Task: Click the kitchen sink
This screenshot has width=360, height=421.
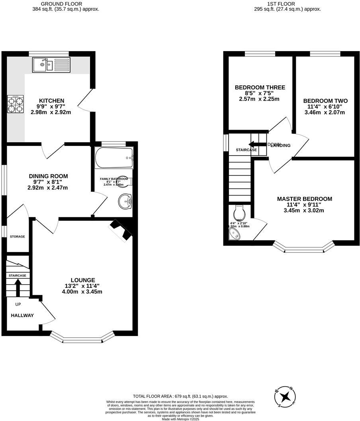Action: point(52,64)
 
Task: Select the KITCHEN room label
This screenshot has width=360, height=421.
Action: point(51,100)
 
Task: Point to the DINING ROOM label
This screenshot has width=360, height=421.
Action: point(48,176)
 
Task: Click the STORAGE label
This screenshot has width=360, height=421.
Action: point(18,236)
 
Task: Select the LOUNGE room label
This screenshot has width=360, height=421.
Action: point(83,280)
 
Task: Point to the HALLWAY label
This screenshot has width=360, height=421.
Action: point(22,315)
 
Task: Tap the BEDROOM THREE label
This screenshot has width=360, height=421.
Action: point(260,87)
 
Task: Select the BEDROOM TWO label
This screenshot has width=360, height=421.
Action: point(325,101)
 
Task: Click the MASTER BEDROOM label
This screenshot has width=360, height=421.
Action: point(304,199)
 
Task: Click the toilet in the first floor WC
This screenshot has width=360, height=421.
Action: point(239,210)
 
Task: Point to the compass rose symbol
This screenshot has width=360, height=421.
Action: point(285,396)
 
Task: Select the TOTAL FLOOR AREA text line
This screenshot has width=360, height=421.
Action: point(180,396)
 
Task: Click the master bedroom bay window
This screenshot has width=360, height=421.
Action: point(303,249)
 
